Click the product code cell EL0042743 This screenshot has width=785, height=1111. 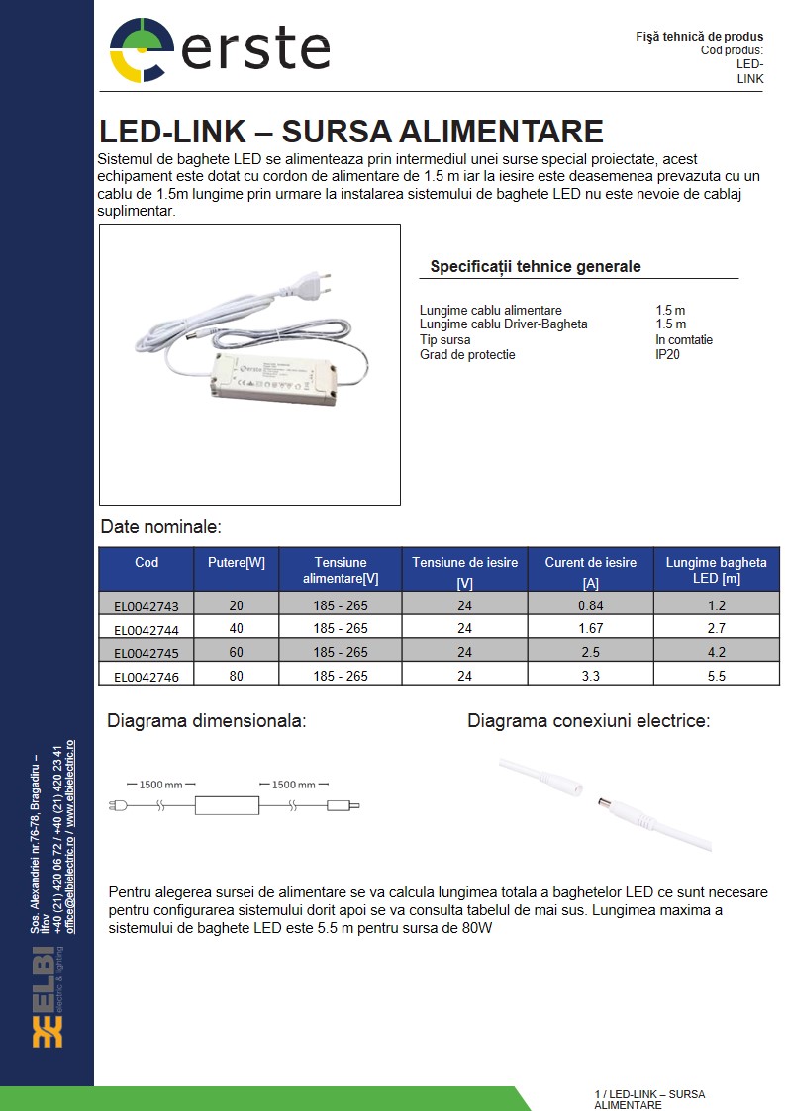click(147, 605)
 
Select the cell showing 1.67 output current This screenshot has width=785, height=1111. click(590, 628)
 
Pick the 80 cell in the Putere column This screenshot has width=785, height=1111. click(236, 677)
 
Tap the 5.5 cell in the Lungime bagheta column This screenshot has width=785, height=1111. click(716, 677)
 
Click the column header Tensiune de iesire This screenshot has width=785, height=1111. click(464, 563)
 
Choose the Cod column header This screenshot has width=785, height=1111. click(147, 563)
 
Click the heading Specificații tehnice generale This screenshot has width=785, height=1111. click(535, 267)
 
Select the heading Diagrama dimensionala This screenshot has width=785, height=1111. click(206, 721)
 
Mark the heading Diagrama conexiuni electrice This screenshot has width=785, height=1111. click(588, 721)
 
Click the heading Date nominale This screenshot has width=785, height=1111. click(160, 527)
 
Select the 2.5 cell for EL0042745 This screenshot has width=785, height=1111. click(590, 653)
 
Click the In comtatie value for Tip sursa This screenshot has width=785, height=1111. click(683, 340)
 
